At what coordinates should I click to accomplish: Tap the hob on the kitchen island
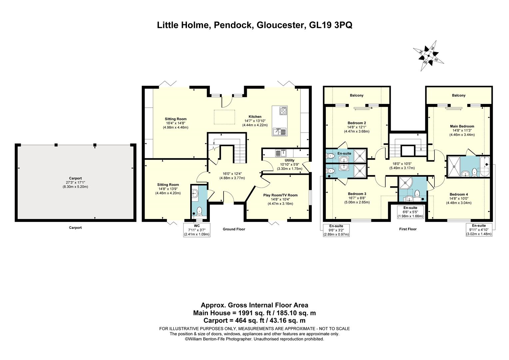pos(283,111)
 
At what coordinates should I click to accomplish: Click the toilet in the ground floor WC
pos(199,211)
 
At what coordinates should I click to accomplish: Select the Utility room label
pos(289,160)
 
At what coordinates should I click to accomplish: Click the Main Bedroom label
pos(462,126)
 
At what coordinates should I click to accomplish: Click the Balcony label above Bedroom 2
pos(356,95)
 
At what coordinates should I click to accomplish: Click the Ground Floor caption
pos(234,229)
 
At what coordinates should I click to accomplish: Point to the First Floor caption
pos(408,229)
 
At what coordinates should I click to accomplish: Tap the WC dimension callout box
pos(197,230)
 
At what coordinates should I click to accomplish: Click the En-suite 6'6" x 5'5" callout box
pos(410,212)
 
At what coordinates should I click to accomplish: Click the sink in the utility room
pos(280,153)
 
